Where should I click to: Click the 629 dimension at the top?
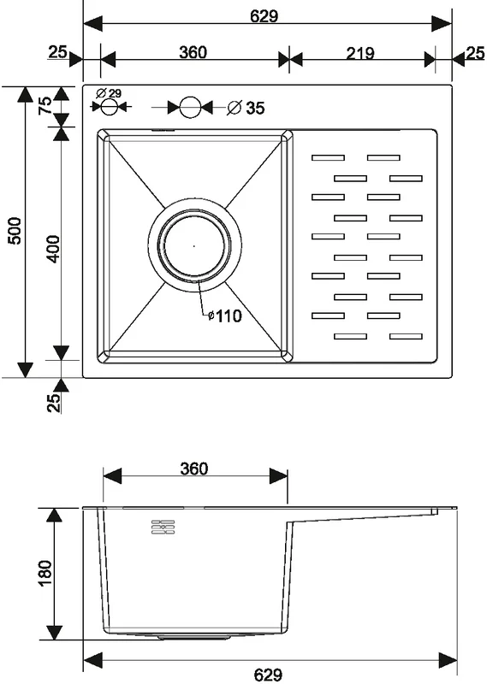pos(264,16)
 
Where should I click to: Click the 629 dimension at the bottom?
pos(268,675)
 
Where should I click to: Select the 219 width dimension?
pos(360,53)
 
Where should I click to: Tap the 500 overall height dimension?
pos(15,231)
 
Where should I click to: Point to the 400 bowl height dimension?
pos(53,249)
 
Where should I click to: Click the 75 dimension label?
pos(45,106)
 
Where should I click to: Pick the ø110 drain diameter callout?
pos(224,315)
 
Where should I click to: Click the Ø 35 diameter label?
pos(246,108)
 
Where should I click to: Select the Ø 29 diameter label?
pos(109,93)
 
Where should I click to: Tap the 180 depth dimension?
pos(45,573)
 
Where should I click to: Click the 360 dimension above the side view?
pos(194,469)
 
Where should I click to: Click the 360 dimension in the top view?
pos(193,52)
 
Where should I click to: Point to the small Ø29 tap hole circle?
pos(110,106)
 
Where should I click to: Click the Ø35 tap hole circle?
pos(190,107)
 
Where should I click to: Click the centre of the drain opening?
pos(194,245)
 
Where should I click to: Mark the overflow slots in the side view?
pos(163,528)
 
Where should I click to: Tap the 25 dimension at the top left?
pos(57,52)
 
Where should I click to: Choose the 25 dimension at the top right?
pos(476,53)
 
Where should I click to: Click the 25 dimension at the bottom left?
pos(53,403)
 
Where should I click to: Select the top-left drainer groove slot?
pos(328,158)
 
